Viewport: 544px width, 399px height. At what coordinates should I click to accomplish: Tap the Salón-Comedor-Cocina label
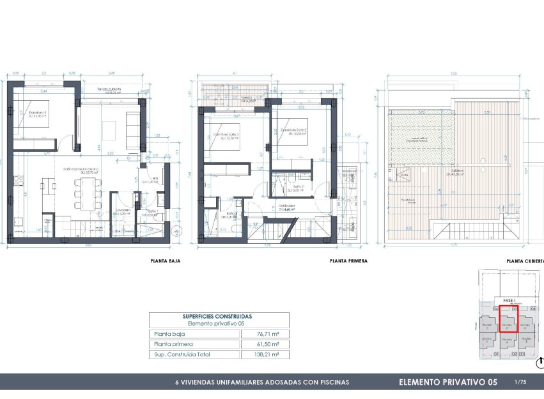[79, 170]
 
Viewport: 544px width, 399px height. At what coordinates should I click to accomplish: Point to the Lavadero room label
[124, 211]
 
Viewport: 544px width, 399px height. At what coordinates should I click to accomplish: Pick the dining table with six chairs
[86, 192]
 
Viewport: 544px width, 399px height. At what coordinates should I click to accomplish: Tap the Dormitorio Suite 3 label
[225, 135]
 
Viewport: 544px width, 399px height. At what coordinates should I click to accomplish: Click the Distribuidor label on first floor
[286, 207]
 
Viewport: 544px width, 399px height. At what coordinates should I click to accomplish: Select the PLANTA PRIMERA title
[348, 260]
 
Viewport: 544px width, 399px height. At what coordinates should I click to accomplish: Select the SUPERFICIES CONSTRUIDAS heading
[217, 316]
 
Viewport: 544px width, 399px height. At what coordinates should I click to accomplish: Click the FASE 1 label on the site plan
[509, 300]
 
